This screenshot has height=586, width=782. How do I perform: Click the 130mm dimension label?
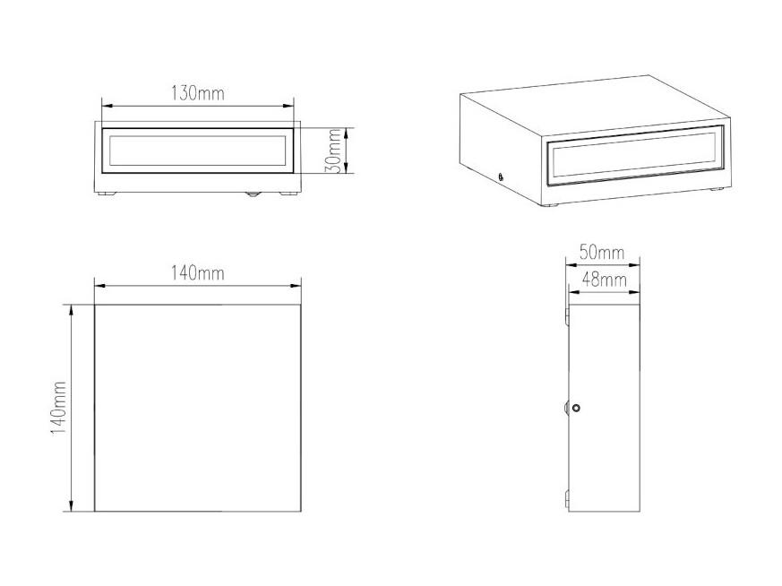point(198,93)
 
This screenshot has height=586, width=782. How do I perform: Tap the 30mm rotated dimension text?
point(332,151)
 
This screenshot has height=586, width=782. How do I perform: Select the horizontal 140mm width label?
point(198,273)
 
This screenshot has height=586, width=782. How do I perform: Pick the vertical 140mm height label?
point(59,408)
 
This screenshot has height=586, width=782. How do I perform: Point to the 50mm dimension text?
point(602,253)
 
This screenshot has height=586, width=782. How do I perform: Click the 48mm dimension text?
point(605,280)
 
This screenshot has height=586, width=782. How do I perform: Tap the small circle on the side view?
point(577,408)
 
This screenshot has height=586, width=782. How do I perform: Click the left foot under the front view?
point(107,194)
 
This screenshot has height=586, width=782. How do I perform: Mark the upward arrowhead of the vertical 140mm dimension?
point(72,309)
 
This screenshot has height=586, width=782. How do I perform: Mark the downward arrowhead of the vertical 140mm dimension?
point(72,506)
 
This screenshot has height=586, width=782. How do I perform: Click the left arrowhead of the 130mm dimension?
point(107,106)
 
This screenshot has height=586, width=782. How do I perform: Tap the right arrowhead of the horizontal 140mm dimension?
point(296,286)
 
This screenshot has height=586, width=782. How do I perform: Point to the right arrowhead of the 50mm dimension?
point(635,265)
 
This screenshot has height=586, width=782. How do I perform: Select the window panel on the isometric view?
point(634,156)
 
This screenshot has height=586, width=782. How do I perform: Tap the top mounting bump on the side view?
point(566,316)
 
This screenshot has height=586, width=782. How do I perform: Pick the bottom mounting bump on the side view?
point(566,499)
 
